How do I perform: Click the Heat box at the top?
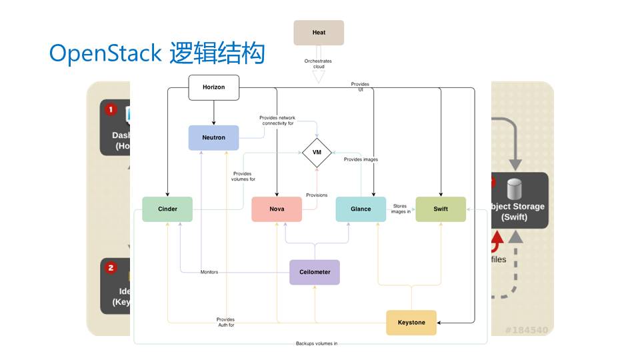(x=319, y=33)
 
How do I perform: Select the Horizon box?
(x=213, y=88)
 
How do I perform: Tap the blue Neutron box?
(x=213, y=138)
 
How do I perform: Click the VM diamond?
(x=317, y=153)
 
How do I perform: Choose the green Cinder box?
(x=167, y=209)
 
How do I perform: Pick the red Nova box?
(x=277, y=209)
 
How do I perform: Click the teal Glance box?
(x=361, y=209)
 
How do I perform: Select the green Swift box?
(x=441, y=209)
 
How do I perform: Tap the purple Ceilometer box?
(x=314, y=272)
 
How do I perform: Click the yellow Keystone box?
(x=411, y=323)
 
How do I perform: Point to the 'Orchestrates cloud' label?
(x=318, y=64)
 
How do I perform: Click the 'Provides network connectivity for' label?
(x=277, y=121)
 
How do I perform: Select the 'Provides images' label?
(x=361, y=159)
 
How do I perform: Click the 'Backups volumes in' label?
(x=317, y=344)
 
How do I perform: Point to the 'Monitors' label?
(x=209, y=272)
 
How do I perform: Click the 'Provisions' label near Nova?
(x=317, y=195)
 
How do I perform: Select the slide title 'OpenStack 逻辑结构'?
(x=157, y=53)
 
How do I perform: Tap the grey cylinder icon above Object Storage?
(x=513, y=189)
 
